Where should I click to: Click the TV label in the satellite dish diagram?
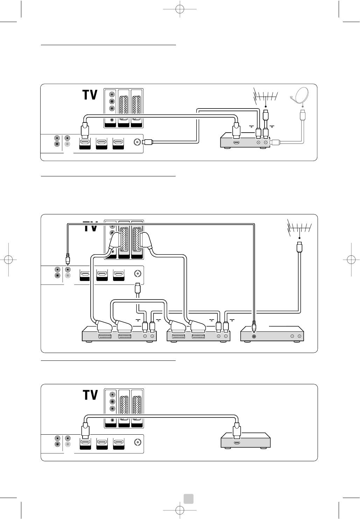click(90, 95)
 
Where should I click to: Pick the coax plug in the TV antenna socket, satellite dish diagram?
click(148, 142)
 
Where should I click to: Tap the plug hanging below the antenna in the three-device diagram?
click(299, 246)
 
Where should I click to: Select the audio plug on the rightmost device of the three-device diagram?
click(254, 326)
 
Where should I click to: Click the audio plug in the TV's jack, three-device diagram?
click(68, 259)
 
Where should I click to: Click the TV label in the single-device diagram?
click(90, 395)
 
